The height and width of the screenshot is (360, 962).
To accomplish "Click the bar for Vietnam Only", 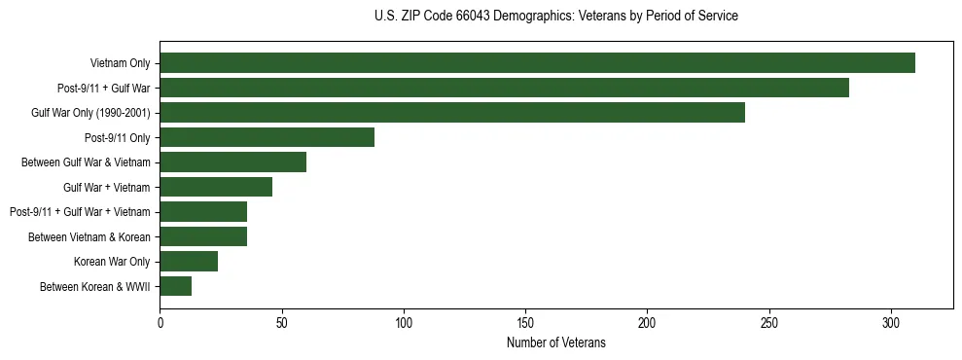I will tap(537, 63).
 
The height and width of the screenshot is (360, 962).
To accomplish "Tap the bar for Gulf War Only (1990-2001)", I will tap(452, 113).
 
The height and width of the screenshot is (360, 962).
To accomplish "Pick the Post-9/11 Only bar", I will tap(267, 137).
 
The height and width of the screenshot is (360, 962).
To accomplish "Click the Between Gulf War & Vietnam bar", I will tap(232, 162).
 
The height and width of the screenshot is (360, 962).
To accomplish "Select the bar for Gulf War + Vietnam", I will tap(216, 187).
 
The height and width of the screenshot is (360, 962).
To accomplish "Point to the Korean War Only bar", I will tap(189, 262).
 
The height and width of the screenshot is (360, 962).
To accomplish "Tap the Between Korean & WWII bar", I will tap(175, 286).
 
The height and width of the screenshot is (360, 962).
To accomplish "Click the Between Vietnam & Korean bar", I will tap(203, 236).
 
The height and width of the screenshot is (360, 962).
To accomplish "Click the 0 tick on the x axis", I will tap(160, 323).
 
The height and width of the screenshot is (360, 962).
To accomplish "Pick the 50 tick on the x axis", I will tap(281, 323).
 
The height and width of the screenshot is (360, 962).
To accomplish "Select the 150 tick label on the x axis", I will tap(525, 323).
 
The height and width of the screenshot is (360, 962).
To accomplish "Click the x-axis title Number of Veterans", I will tap(555, 342).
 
